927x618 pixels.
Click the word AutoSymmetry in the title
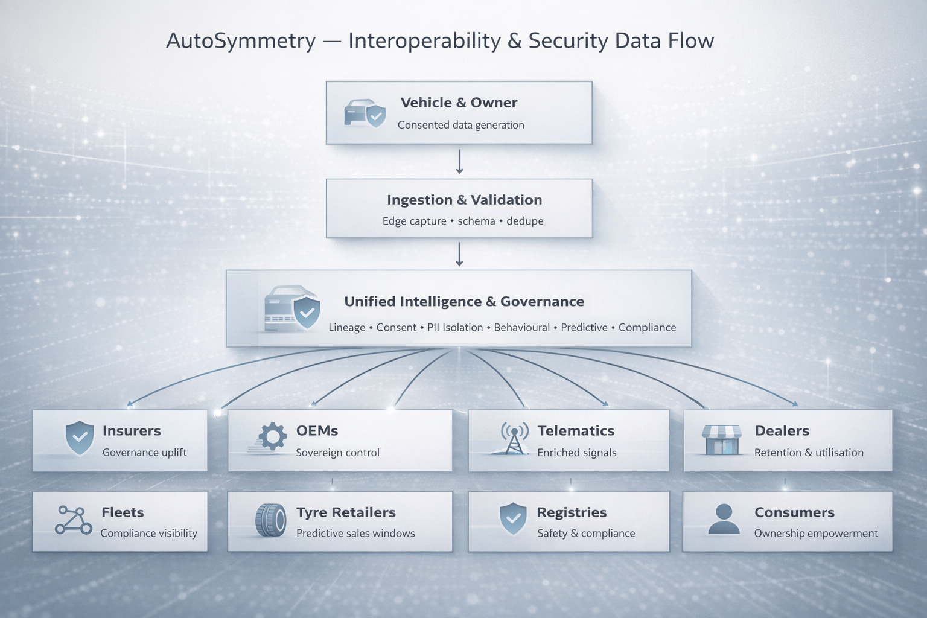(x=241, y=41)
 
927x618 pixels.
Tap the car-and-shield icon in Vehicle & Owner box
(x=365, y=113)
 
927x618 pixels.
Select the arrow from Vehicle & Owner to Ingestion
(x=459, y=161)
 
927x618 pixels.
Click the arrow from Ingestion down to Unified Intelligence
(x=459, y=254)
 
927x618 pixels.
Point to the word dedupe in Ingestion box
(x=524, y=221)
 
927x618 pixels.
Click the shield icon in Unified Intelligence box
(x=307, y=312)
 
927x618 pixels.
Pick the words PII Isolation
(x=455, y=327)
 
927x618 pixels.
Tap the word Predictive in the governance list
(x=584, y=327)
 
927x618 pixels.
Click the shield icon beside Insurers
(x=79, y=438)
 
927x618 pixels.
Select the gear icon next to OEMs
(x=272, y=436)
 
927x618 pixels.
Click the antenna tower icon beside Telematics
(x=514, y=438)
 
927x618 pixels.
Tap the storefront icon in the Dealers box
(x=722, y=439)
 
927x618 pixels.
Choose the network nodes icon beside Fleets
(x=74, y=520)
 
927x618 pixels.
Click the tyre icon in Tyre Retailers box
(x=270, y=520)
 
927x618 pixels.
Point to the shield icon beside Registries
(x=513, y=519)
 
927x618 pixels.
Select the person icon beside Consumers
(x=724, y=519)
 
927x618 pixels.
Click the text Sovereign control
(x=337, y=453)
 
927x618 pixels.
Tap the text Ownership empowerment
(x=815, y=533)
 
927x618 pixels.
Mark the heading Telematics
(x=576, y=430)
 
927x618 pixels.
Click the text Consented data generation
(x=460, y=125)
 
